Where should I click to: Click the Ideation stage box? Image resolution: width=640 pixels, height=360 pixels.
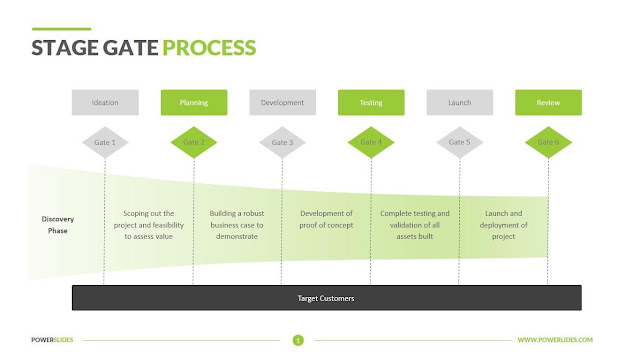click(105, 102)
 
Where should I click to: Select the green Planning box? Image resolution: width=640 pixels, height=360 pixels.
click(194, 102)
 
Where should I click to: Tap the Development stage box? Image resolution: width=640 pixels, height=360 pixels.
click(282, 102)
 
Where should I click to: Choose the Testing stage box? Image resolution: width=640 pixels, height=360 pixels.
click(371, 102)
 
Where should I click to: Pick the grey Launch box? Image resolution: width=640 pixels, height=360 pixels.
click(460, 102)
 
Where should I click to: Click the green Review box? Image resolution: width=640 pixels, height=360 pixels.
click(548, 102)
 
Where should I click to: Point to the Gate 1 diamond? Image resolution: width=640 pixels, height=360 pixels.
click(105, 142)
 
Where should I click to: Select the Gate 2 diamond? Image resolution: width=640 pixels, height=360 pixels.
click(194, 142)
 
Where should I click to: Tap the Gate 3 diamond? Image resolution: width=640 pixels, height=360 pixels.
click(282, 142)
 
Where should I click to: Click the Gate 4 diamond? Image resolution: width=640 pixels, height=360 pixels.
click(371, 142)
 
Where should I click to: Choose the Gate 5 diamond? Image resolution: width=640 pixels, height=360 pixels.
click(460, 142)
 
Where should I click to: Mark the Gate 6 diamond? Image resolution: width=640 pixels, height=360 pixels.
click(548, 142)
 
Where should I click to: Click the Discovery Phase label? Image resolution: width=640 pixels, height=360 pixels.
click(58, 225)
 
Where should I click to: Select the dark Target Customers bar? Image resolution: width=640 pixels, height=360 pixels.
click(327, 298)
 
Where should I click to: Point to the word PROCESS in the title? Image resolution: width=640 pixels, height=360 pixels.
click(209, 48)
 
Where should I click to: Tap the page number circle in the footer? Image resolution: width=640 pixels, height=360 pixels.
click(298, 340)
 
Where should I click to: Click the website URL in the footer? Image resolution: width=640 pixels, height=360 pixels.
click(555, 340)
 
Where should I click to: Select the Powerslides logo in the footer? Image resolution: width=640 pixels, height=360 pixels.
click(52, 340)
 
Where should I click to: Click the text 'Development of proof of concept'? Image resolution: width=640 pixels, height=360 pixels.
click(326, 219)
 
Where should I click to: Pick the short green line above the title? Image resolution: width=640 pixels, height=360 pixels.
click(61, 29)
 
